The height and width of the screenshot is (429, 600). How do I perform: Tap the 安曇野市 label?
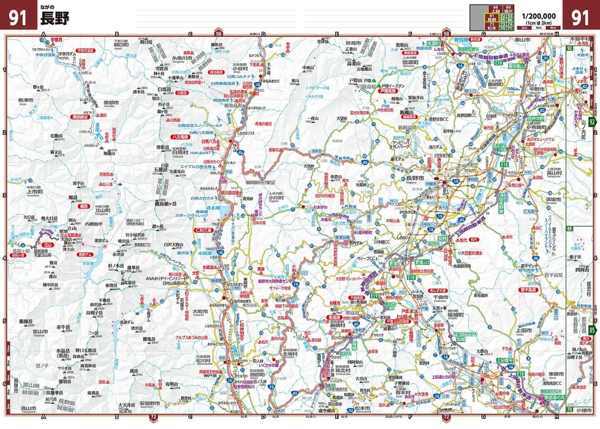(149, 404)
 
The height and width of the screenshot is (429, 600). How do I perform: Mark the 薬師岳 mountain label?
(25, 321)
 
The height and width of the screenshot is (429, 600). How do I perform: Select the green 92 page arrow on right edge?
(570, 48)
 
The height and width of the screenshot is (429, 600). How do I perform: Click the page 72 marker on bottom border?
(153, 419)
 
